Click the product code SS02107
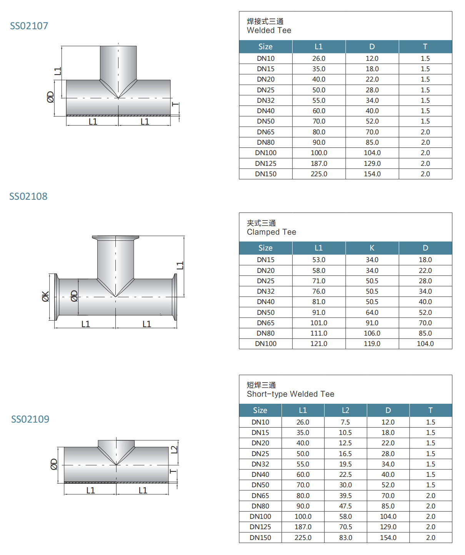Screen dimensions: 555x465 point(29,26)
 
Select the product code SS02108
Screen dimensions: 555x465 point(28,196)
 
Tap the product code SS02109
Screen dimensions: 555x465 point(30,419)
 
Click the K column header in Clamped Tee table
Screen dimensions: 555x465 point(372,248)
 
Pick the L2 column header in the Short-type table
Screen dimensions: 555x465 point(345,410)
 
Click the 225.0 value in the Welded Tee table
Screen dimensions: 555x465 point(319,174)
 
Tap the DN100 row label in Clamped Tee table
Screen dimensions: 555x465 point(265,344)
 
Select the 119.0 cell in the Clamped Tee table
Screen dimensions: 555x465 point(372,344)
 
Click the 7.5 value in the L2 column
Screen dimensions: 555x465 point(345,422)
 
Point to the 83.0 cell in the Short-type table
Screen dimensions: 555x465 point(345,538)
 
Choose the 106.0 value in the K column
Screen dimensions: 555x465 point(372,333)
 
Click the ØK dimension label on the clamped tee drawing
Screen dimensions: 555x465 point(45,297)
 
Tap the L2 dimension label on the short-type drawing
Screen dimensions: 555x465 point(174,449)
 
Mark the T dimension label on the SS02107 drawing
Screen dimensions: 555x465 point(176,105)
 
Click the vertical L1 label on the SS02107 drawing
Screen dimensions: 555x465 point(58,71)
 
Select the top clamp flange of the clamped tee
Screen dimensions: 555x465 point(115,238)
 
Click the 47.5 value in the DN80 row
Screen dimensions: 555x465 point(345,506)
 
